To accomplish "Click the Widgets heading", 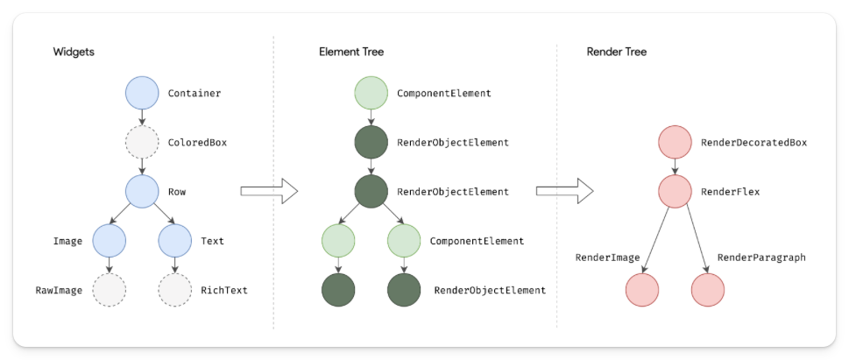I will (74, 52).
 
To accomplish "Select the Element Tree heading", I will (350, 52).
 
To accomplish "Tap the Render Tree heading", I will (617, 52).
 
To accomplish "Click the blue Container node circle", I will (141, 93).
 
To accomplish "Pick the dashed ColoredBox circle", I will (141, 142).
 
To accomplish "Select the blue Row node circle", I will (141, 190).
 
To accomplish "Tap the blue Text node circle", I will (174, 240).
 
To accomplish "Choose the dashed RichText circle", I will (174, 289).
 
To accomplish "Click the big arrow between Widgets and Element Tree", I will (269, 191).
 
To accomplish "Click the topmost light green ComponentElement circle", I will (371, 93).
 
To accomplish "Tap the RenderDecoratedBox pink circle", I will (675, 142).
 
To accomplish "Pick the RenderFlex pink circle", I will (675, 191).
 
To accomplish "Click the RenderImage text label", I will (607, 258).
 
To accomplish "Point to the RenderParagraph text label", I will (761, 258).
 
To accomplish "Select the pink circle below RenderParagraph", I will (707, 289).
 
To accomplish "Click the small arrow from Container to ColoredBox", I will (141, 117).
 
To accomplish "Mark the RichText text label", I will (223, 289).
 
